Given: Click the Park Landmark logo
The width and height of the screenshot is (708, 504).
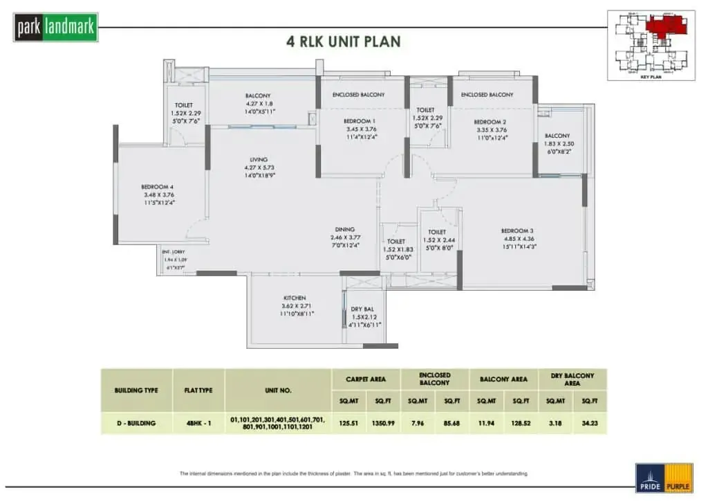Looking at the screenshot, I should tap(56, 27).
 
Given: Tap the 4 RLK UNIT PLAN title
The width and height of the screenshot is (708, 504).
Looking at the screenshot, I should tap(344, 42).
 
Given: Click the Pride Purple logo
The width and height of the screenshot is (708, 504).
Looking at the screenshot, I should tap(664, 478).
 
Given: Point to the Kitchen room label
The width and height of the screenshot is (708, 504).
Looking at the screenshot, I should tap(295, 298).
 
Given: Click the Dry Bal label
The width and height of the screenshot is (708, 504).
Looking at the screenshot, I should tap(362, 309).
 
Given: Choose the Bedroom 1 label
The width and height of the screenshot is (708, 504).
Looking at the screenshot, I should tap(360, 120).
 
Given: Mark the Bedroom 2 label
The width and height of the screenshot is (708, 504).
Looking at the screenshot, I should tap(492, 120).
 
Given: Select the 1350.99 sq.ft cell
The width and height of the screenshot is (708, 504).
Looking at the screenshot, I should tap(383, 422).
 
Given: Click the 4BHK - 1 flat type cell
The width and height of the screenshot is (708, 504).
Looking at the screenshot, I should tap(198, 422).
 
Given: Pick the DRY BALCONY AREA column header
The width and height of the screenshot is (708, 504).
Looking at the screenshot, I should tap(572, 379).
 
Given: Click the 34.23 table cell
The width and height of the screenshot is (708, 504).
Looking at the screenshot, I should tap(589, 422).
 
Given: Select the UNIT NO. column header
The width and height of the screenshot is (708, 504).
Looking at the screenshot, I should tap(278, 390).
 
